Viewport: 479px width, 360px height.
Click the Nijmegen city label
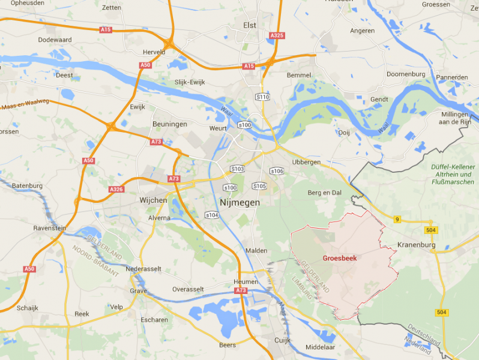pyautogui.click(x=240, y=203)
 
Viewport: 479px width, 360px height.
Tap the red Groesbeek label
pyautogui.click(x=340, y=258)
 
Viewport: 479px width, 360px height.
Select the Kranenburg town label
pyautogui.click(x=417, y=245)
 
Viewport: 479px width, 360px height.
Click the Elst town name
pyautogui.click(x=250, y=25)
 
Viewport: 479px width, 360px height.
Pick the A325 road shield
pyautogui.click(x=277, y=35)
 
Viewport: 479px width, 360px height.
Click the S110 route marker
pyautogui.click(x=262, y=96)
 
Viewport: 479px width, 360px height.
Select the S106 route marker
pyautogui.click(x=277, y=171)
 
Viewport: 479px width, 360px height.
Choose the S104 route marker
pyautogui.click(x=212, y=215)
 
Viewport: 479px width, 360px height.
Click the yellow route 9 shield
pyautogui.click(x=397, y=220)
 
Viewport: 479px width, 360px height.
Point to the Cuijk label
pyautogui.click(x=282, y=340)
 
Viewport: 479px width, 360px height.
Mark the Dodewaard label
pyautogui.click(x=55, y=39)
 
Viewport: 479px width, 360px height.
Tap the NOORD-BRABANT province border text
pyautogui.click(x=95, y=259)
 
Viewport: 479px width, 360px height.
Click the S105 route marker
pyautogui.click(x=259, y=185)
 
